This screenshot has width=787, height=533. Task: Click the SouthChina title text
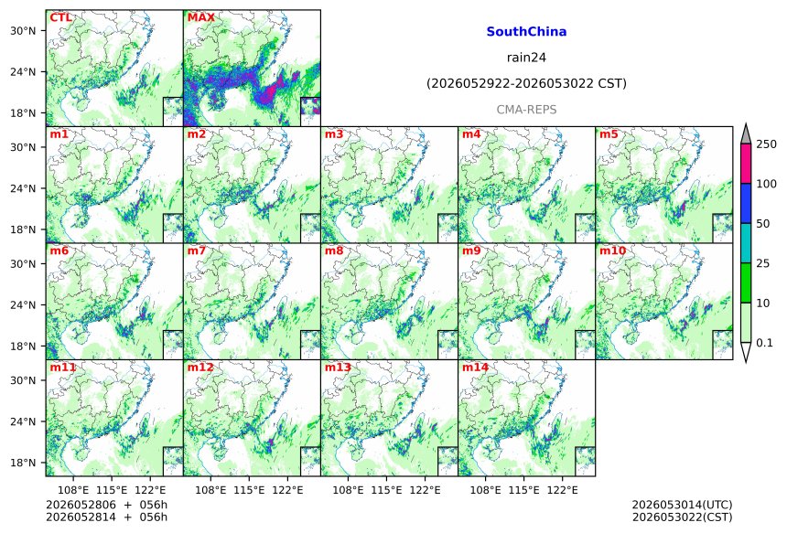click(526, 32)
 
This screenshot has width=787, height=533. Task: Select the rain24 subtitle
click(526, 58)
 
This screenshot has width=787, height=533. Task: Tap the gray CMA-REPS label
click(526, 110)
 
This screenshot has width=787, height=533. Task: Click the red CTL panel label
click(60, 17)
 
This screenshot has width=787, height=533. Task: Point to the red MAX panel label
click(200, 17)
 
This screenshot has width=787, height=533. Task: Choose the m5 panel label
click(609, 134)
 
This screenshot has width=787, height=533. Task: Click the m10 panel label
click(613, 251)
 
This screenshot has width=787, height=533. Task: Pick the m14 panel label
click(475, 368)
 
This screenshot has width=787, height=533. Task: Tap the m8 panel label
click(334, 251)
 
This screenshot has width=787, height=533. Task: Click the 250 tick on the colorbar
click(767, 144)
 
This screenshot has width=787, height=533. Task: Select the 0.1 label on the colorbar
click(765, 343)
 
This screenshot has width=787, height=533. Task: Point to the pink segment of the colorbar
click(746, 164)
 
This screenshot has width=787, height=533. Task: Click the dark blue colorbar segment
click(746, 203)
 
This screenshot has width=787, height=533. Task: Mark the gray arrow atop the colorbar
click(746, 135)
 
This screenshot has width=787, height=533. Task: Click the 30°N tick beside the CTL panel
click(23, 30)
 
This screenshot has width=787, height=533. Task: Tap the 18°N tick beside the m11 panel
click(23, 463)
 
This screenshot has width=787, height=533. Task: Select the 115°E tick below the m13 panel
click(386, 490)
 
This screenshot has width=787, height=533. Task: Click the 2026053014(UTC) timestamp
click(682, 505)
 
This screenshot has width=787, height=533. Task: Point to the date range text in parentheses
click(526, 84)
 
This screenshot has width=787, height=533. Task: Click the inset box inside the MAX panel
click(310, 112)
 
